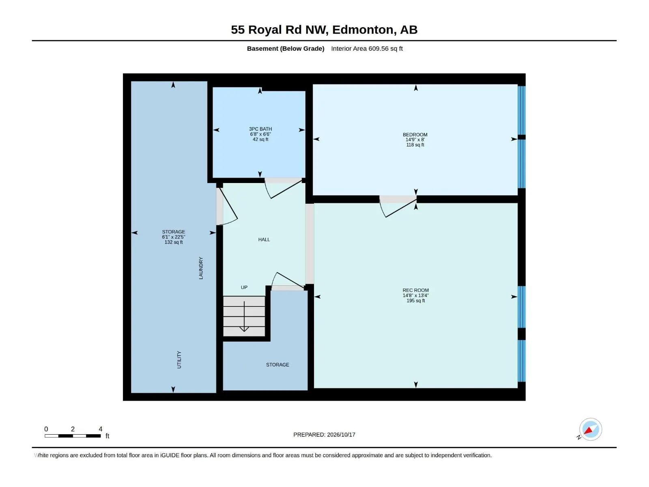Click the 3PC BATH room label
pos(260,129)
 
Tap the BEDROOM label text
pos(415,135)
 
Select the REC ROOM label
pos(415,290)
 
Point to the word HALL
pos(264,239)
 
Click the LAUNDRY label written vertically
pos(201,268)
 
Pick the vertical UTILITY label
pos(179,360)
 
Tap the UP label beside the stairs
pos(244,287)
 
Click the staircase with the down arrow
pos(244,316)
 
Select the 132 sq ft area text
pos(174,242)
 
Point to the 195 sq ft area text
pos(415,301)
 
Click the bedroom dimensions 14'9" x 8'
pos(415,140)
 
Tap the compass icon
pos(590,429)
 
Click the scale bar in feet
pos(73,436)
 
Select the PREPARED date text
pos(324,435)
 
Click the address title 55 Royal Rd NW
pos(279,30)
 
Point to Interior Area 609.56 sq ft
pos(367,48)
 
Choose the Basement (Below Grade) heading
pos(286,48)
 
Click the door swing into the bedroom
pos(398,207)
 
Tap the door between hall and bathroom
pos(283,188)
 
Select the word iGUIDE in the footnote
pos(170,455)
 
